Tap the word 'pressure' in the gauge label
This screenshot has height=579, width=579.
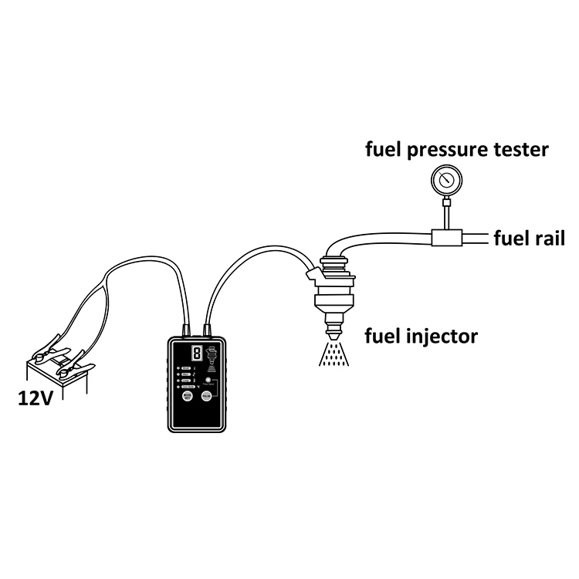449,150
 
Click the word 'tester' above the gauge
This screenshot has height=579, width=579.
520,150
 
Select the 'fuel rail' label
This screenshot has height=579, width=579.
529,239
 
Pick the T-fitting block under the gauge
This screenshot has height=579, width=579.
446,238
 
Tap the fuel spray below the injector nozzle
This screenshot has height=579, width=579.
333,354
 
